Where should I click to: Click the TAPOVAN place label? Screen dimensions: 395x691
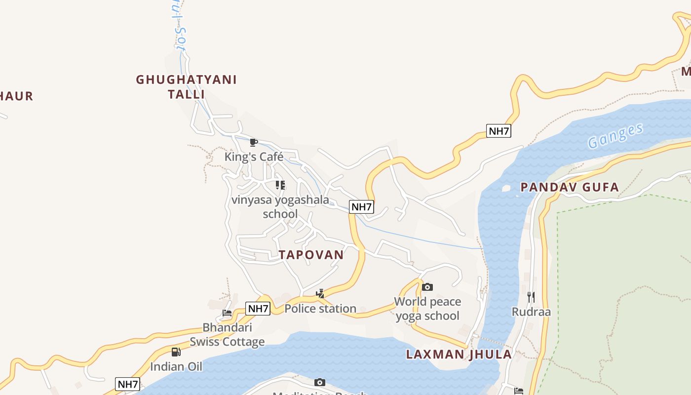(x=311, y=255)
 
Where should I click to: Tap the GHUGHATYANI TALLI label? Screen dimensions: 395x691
(x=187, y=86)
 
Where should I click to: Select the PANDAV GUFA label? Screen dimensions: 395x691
(x=570, y=187)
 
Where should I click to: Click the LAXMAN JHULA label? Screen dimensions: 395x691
(x=459, y=354)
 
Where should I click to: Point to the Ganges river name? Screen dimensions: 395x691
(x=615, y=136)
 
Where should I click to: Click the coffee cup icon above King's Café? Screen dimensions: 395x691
(x=254, y=143)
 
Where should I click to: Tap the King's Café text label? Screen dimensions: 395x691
(x=254, y=157)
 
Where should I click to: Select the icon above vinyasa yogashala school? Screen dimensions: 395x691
(x=280, y=185)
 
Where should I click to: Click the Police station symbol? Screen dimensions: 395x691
(x=320, y=294)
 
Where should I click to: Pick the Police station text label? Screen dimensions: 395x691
(x=320, y=309)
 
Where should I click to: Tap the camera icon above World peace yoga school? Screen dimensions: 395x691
(x=427, y=287)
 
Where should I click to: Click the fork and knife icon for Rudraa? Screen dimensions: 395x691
(x=531, y=297)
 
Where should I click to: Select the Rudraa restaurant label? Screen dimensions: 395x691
(x=531, y=312)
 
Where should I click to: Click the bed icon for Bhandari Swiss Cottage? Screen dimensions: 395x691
(x=227, y=313)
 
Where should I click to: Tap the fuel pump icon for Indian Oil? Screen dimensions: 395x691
(x=176, y=352)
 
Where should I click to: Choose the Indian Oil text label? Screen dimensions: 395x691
(x=176, y=367)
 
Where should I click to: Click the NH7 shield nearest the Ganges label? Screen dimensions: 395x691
(x=499, y=131)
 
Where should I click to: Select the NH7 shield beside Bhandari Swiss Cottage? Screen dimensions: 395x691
(x=258, y=309)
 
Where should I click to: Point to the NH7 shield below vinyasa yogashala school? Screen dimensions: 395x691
(x=361, y=207)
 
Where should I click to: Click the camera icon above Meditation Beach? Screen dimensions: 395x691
(x=320, y=382)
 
